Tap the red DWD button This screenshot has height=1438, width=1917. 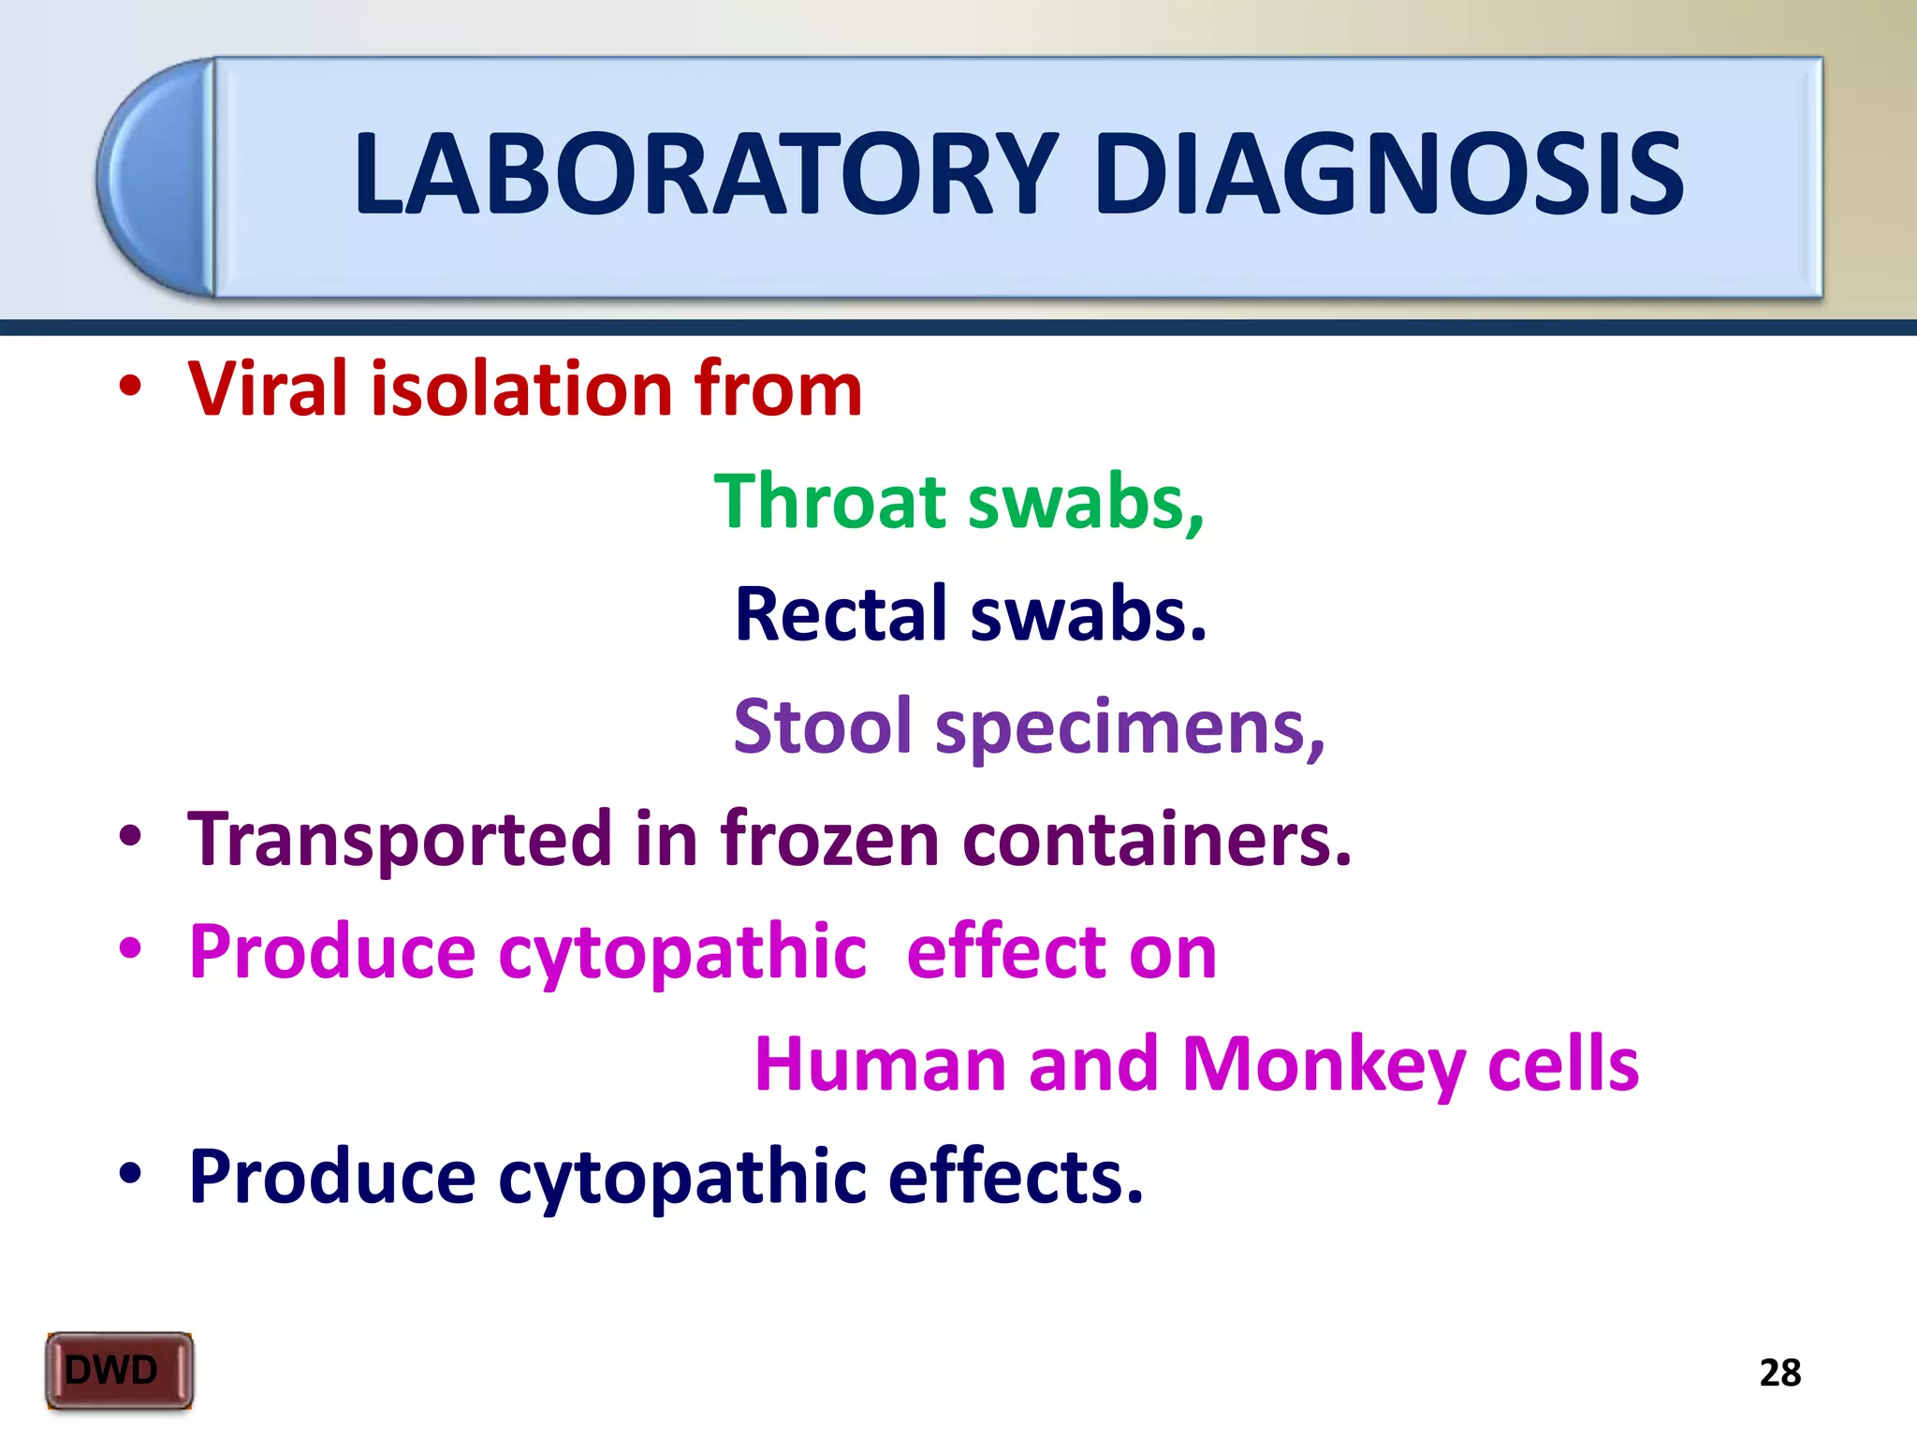coord(119,1371)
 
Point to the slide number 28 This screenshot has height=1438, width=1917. coord(1779,1373)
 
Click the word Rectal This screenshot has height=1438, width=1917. coord(841,615)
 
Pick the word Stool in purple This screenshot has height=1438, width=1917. coord(822,726)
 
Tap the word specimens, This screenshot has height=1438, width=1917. coord(1130,728)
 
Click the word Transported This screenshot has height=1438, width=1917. coord(401,840)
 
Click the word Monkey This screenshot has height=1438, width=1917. coord(1323,1065)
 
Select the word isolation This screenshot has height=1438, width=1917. coord(520,389)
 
